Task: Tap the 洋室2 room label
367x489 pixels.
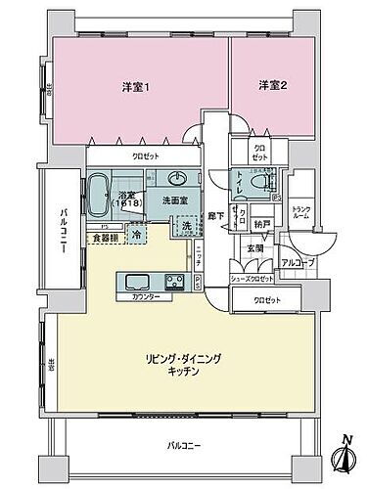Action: click(x=270, y=87)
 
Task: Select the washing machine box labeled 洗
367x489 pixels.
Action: click(x=185, y=227)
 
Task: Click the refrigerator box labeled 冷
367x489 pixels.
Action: click(x=137, y=236)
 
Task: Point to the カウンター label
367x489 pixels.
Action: click(x=143, y=296)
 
